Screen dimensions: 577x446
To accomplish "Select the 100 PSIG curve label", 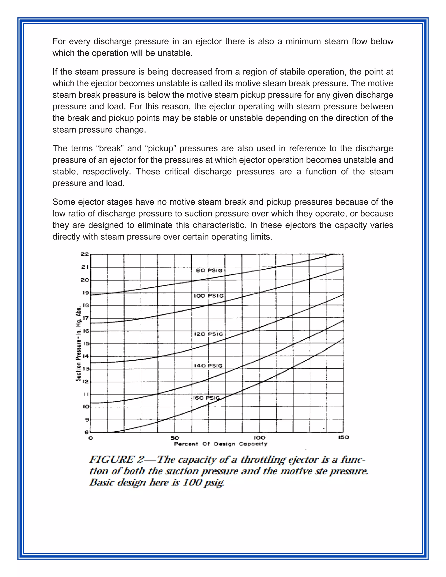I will point(208,296).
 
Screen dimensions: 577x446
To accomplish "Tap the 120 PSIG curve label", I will point(208,334).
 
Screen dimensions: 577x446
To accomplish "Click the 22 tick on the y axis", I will point(85,254).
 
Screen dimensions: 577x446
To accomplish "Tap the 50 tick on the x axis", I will point(175,437).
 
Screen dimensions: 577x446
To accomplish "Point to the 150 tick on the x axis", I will point(343,437).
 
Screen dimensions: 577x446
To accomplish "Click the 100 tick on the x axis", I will point(259,437).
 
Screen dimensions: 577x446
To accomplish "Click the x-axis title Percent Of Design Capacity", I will point(221,444).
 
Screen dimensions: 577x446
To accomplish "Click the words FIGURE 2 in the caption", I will point(116,459).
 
